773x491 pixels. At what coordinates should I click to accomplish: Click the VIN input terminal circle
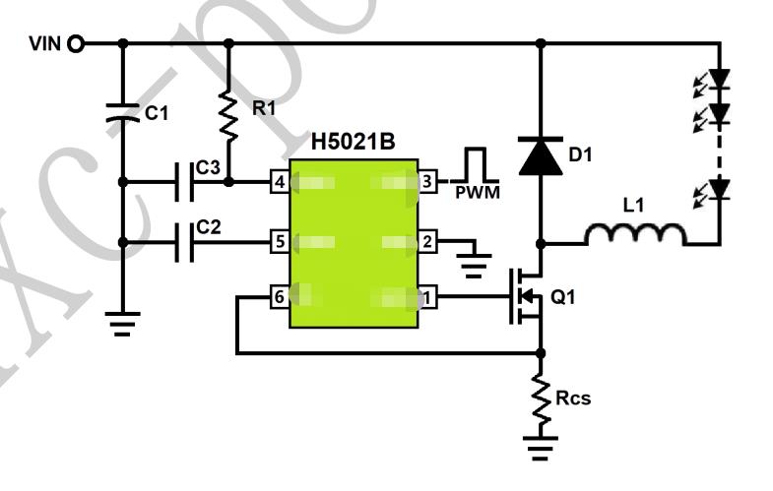(76, 43)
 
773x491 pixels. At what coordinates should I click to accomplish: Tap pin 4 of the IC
(280, 182)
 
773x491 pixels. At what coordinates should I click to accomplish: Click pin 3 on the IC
(427, 182)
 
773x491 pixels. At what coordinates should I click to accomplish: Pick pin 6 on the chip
(280, 296)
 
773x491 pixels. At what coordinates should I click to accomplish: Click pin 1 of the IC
(427, 296)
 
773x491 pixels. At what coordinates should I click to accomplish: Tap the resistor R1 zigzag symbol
(229, 114)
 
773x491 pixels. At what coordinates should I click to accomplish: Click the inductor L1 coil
(635, 235)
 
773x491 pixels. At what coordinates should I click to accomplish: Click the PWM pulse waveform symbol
(477, 166)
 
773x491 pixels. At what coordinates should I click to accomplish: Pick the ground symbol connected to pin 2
(477, 262)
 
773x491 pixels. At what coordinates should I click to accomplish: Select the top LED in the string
(720, 76)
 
